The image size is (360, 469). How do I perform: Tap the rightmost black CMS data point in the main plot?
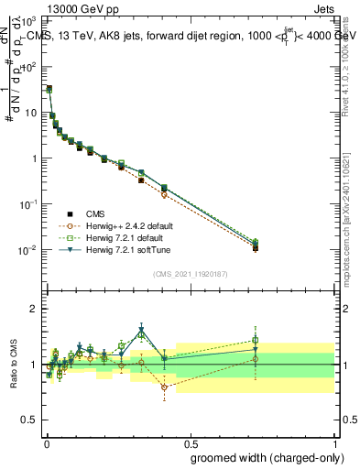click(x=256, y=248)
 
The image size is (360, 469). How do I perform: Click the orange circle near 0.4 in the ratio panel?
click(x=164, y=387)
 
